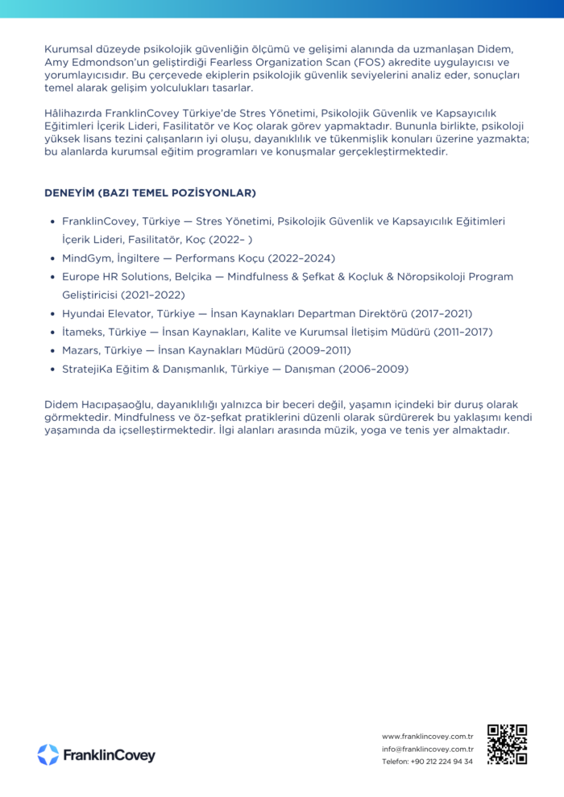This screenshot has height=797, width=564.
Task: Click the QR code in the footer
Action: [x=507, y=744]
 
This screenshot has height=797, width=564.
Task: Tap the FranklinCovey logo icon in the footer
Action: [x=48, y=754]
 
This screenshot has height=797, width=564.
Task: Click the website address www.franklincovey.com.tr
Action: [x=427, y=736]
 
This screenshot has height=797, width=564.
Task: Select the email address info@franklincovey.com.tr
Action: [x=427, y=749]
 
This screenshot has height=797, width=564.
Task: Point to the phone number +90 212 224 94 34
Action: [x=442, y=762]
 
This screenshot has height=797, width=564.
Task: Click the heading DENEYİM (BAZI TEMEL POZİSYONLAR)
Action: [x=150, y=193]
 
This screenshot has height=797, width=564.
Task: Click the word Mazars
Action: [x=81, y=350]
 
